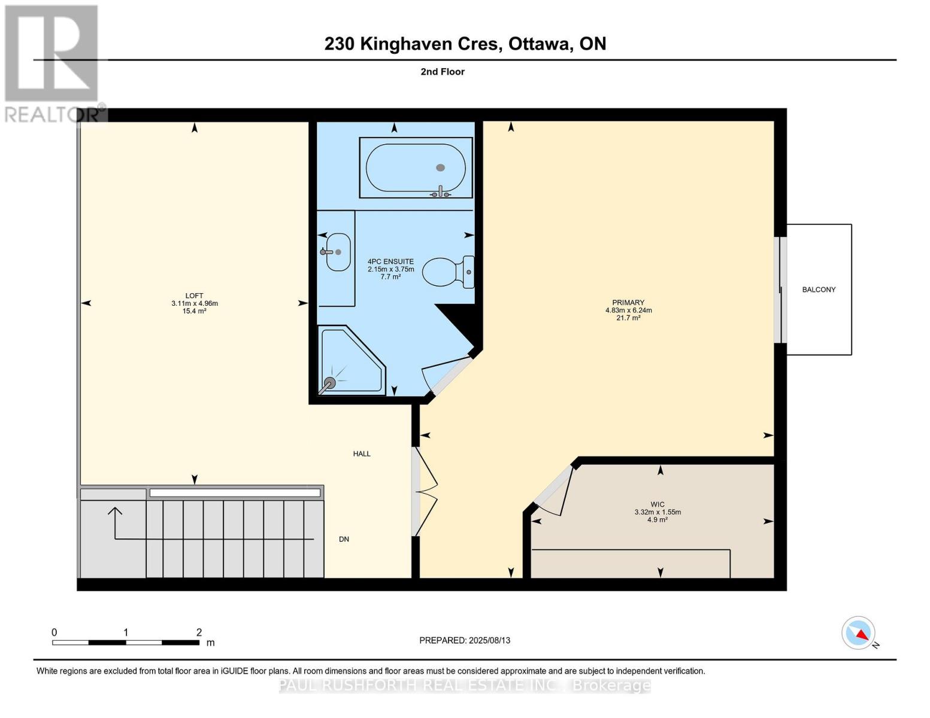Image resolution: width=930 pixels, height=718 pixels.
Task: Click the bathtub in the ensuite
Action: click(x=415, y=168)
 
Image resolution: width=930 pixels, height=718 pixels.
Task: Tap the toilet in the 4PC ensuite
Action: click(x=448, y=272)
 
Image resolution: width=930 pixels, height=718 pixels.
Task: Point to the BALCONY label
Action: click(x=819, y=290)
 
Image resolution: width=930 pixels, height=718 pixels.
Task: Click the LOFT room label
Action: click(x=194, y=296)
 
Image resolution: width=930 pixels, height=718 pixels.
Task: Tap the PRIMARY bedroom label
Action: click(x=628, y=303)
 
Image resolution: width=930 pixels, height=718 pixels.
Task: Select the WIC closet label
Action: click(x=658, y=504)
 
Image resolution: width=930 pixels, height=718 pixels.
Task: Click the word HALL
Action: click(x=362, y=454)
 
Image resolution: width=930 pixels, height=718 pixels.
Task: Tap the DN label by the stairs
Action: click(x=344, y=539)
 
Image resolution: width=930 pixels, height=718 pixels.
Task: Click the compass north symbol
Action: click(x=859, y=633)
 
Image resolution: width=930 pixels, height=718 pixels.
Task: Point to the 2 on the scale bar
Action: click(x=199, y=632)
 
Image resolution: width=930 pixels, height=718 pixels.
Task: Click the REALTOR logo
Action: click(x=53, y=63)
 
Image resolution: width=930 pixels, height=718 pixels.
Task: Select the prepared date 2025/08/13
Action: click(x=489, y=640)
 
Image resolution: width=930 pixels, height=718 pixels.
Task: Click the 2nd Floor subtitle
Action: click(x=443, y=72)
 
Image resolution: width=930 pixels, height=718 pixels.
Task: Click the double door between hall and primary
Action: click(x=424, y=491)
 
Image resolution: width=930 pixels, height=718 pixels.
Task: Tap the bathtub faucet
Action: click(x=441, y=192)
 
